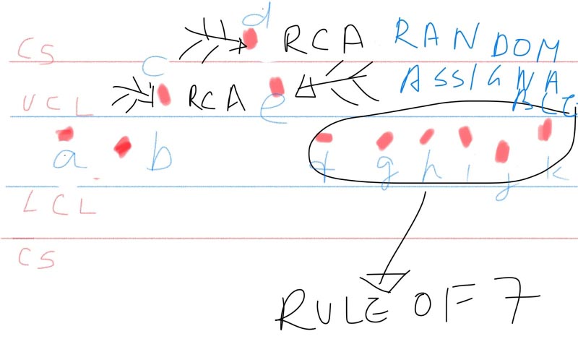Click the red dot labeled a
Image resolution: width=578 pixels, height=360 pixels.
pos(66,134)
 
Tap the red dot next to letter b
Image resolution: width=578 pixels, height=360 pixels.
pos(122,147)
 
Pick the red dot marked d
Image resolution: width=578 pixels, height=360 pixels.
pos(251,38)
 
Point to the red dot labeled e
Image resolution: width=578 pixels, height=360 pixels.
pos(276,85)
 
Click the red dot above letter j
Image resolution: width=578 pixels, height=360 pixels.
pos(502,150)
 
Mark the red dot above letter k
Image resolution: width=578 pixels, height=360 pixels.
pos(546,128)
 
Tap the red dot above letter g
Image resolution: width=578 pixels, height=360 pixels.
pos(385,138)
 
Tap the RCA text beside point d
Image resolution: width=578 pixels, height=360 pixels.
pos(323,40)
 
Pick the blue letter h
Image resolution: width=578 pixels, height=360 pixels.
pos(428,171)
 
